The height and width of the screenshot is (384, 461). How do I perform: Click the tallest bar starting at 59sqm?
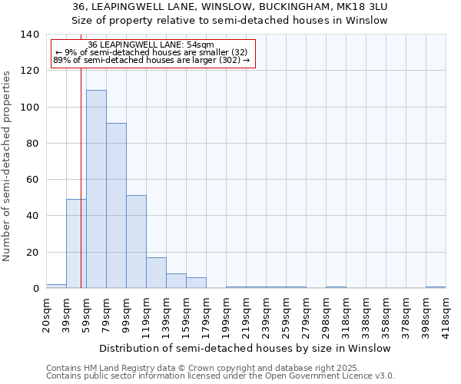[96, 189]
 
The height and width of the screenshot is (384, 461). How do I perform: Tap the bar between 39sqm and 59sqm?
[76, 243]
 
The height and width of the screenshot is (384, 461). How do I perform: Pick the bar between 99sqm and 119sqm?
[136, 242]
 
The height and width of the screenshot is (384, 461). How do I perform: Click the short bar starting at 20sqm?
[56, 286]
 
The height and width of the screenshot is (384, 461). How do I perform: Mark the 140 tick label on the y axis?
[28, 35]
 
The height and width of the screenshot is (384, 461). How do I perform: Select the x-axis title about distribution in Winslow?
[245, 348]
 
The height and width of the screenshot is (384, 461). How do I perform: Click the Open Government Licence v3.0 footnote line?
[221, 376]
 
